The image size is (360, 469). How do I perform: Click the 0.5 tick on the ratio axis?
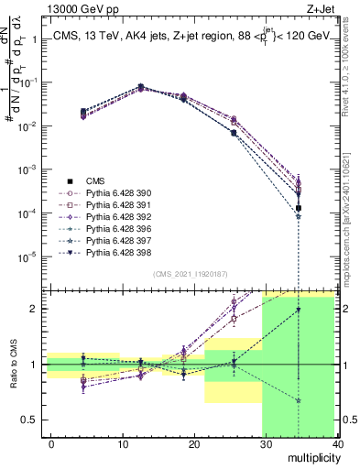point(29,420)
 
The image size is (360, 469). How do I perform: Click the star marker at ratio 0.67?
point(299,400)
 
